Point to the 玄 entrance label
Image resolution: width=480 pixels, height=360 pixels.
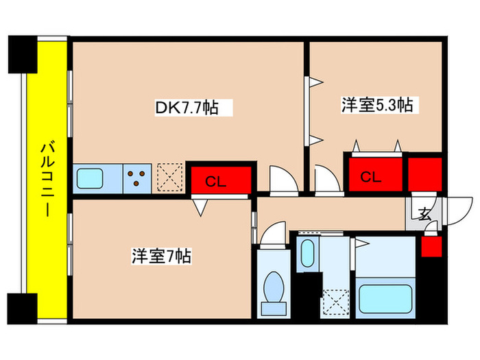click(425, 213)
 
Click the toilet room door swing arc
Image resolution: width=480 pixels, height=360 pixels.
click(273, 232)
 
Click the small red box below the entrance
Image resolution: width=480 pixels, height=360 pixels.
click(431, 245)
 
